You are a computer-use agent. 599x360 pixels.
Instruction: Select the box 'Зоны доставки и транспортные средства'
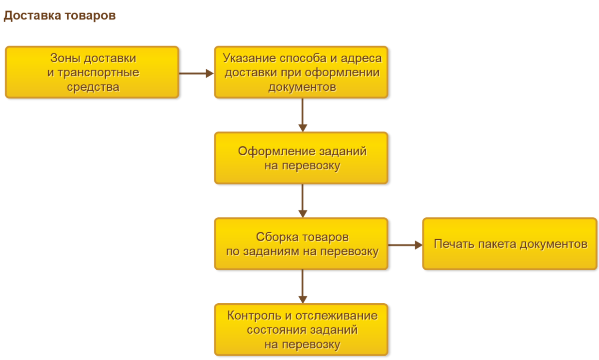click(x=92, y=72)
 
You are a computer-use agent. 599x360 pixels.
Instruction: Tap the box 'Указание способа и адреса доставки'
click(x=301, y=72)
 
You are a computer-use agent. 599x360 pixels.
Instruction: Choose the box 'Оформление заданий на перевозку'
click(x=301, y=158)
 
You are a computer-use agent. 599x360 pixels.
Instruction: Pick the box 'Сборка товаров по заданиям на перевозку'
click(x=301, y=244)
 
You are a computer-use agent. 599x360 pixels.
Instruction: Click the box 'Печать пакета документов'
click(x=510, y=244)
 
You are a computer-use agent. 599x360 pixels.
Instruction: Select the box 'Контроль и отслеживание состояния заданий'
click(x=301, y=330)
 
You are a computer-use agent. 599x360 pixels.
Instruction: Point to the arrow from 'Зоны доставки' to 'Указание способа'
click(x=196, y=73)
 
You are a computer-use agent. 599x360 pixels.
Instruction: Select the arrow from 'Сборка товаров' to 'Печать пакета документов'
click(x=405, y=245)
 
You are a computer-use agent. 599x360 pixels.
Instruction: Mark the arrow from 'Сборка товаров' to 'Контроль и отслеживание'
click(x=303, y=287)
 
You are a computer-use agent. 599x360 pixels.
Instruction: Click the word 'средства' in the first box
click(x=93, y=87)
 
